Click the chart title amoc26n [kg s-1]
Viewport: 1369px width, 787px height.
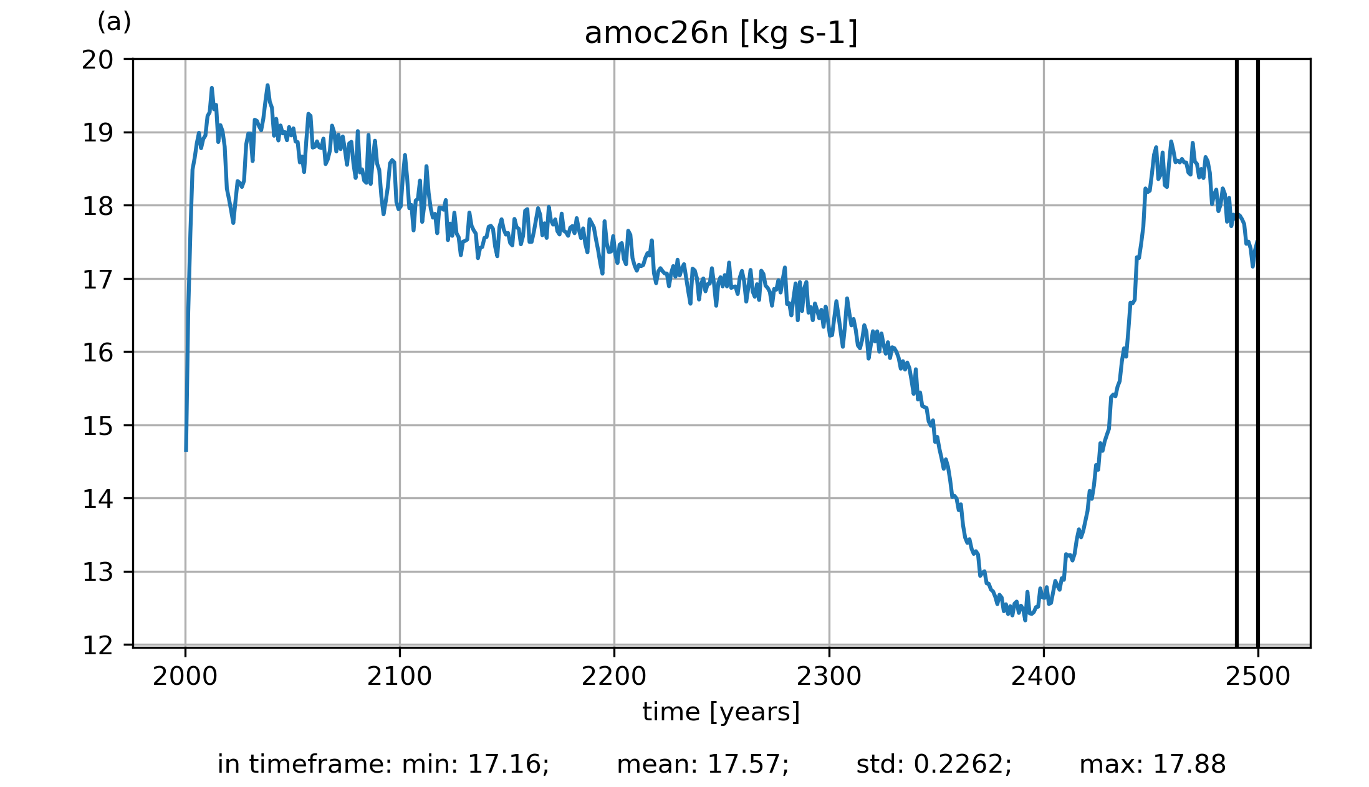721,34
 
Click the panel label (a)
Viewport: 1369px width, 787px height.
114,22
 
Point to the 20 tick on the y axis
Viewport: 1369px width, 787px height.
98,60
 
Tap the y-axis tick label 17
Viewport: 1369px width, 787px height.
98,280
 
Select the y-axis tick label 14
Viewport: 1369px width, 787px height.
98,499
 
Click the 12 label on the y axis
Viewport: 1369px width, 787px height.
98,646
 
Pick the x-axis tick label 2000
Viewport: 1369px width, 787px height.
185,677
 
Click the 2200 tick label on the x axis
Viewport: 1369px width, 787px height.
614,677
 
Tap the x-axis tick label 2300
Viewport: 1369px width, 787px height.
829,677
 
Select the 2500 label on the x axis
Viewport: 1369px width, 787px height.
1257,677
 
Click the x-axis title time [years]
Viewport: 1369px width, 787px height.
721,712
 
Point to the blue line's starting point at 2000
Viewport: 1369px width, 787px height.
186,450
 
